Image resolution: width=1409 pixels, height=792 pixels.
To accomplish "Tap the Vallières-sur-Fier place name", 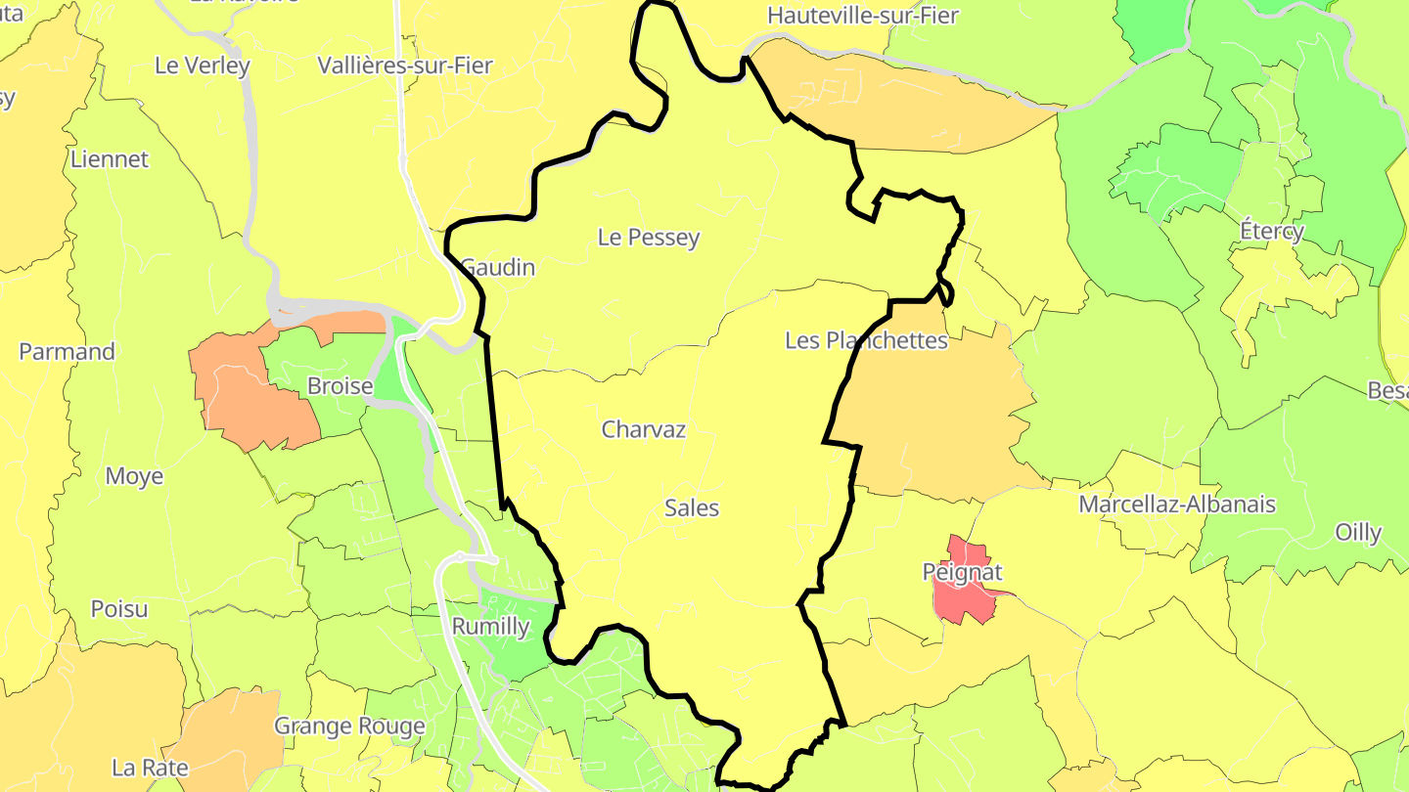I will pyautogui.click(x=405, y=66).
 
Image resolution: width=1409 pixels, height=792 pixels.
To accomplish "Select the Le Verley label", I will pyautogui.click(x=203, y=66).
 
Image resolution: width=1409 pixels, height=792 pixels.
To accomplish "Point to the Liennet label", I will pyautogui.click(x=110, y=159).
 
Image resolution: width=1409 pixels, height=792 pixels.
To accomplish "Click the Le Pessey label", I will pyautogui.click(x=649, y=238).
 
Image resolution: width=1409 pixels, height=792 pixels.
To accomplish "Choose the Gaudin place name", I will pyautogui.click(x=498, y=267).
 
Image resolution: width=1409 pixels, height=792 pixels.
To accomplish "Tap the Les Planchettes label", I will pyautogui.click(x=866, y=340).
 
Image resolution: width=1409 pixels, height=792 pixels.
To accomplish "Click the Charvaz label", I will pyautogui.click(x=644, y=429).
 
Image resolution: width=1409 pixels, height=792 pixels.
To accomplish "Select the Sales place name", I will pyautogui.click(x=692, y=508).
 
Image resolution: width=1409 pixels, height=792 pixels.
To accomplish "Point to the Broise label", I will pyautogui.click(x=340, y=386).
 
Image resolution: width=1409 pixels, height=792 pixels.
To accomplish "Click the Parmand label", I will pyautogui.click(x=67, y=352).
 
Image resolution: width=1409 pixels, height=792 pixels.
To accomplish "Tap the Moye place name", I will pyautogui.click(x=134, y=476).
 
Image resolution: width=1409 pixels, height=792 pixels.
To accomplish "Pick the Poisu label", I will pyautogui.click(x=119, y=609).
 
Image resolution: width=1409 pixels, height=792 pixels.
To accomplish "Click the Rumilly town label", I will pyautogui.click(x=490, y=627).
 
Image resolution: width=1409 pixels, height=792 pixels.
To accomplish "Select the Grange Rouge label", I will pyautogui.click(x=349, y=726).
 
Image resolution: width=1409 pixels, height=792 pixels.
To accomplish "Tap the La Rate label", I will pyautogui.click(x=150, y=768).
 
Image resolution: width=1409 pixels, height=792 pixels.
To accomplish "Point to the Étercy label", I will pyautogui.click(x=1272, y=232).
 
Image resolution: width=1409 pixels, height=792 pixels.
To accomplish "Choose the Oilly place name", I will pyautogui.click(x=1358, y=533).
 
